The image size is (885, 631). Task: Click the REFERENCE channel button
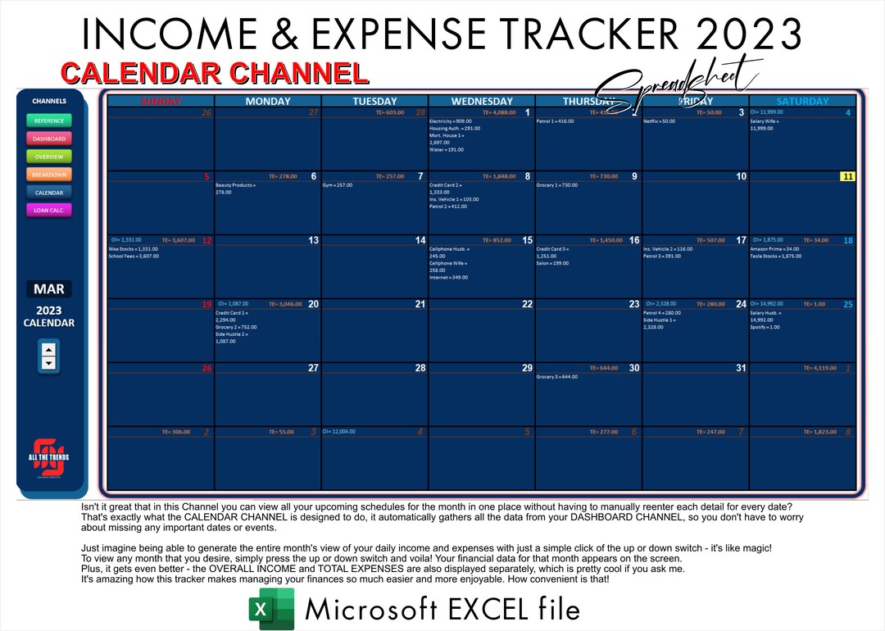coord(49,120)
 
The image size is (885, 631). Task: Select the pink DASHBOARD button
coord(49,138)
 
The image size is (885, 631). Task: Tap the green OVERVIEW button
coord(49,157)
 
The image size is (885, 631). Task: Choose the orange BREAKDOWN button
coord(49,175)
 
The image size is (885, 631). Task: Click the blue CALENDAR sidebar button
coord(49,193)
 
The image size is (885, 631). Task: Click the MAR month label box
coord(48,289)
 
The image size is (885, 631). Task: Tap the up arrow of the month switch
coord(48,349)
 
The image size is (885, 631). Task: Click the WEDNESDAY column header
coord(482,102)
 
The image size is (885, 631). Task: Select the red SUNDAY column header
coord(161,102)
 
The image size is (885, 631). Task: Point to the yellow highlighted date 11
coord(847,176)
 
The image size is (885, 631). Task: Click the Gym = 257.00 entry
coord(338,185)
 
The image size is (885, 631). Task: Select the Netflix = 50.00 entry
coord(659,121)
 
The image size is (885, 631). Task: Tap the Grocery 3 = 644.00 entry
coord(557,377)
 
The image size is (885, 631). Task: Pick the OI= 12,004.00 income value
coord(339,431)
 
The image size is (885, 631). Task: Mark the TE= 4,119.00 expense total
coord(819,368)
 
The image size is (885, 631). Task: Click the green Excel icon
coord(271,609)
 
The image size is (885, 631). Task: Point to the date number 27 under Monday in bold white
coord(313,368)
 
